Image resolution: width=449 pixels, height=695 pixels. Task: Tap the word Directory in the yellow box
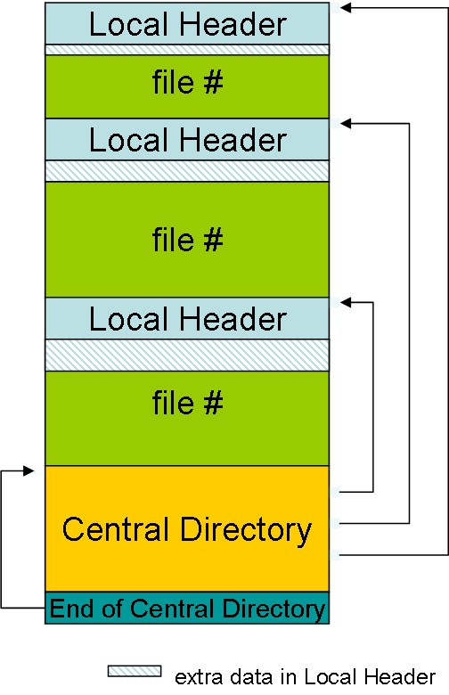247,530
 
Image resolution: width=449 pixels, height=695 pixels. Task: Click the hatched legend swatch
135,671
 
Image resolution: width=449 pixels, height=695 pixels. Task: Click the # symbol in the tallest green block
213,240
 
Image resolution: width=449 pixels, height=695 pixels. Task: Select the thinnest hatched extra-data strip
187,50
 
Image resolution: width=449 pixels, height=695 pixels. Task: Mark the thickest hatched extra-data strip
187,355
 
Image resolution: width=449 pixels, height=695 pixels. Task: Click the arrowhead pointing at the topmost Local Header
346,7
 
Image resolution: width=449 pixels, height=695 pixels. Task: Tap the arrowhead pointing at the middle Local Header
346,124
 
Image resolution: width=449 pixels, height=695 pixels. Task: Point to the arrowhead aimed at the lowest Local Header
346,302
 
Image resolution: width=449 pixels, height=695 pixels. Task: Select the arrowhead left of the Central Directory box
29,470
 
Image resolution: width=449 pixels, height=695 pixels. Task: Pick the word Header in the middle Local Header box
233,141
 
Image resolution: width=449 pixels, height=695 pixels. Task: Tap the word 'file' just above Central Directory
174,402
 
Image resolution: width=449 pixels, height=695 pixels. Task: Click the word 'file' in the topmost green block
174,82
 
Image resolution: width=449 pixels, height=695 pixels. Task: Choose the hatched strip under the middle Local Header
187,171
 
